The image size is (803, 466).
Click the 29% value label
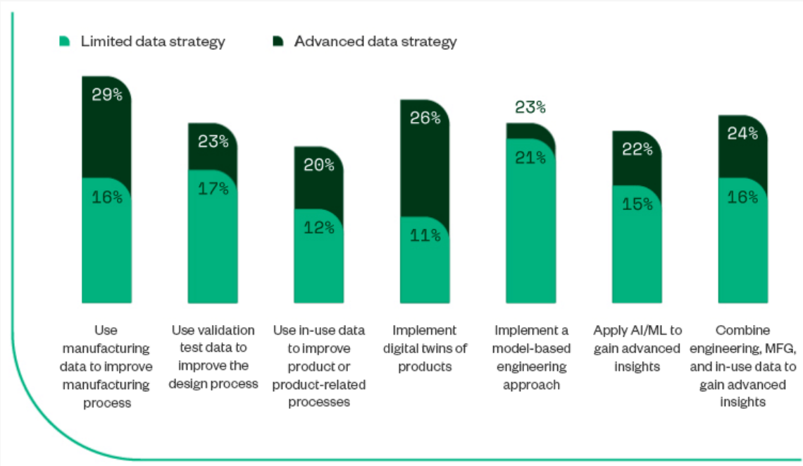[x=107, y=95]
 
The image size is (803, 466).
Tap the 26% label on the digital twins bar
[x=425, y=118]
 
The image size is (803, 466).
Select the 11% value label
[x=425, y=235]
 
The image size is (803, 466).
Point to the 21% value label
[x=530, y=157]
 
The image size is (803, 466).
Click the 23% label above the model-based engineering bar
[x=530, y=107]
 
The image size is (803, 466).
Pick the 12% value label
[x=318, y=228]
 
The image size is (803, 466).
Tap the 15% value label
[x=637, y=204]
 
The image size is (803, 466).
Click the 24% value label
[x=742, y=133]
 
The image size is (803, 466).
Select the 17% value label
[x=213, y=189]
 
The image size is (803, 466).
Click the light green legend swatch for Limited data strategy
[x=65, y=42]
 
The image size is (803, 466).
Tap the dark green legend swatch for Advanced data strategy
[x=278, y=42]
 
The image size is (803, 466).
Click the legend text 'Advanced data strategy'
[x=375, y=42]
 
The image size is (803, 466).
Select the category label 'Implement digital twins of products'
[x=425, y=348]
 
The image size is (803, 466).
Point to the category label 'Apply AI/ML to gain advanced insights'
[x=637, y=348]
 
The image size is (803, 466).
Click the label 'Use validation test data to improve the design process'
[x=213, y=357]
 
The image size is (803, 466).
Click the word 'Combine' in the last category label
[x=742, y=330]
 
